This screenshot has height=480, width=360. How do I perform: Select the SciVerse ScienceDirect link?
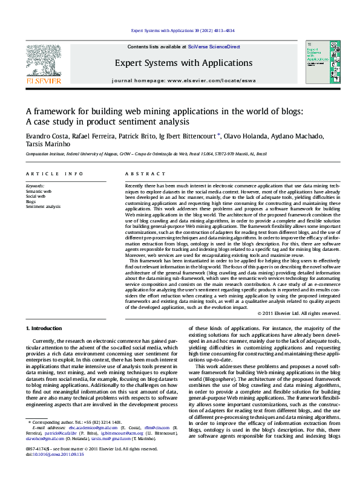(214, 47)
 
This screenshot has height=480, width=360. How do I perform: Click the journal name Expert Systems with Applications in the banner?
(183, 63)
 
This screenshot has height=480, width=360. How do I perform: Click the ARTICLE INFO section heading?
(54, 174)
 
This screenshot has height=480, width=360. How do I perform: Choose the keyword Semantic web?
(39, 191)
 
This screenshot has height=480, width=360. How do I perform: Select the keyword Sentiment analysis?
(43, 206)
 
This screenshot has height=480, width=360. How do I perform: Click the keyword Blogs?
(31, 201)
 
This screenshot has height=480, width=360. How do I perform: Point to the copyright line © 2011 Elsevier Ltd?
(298, 313)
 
